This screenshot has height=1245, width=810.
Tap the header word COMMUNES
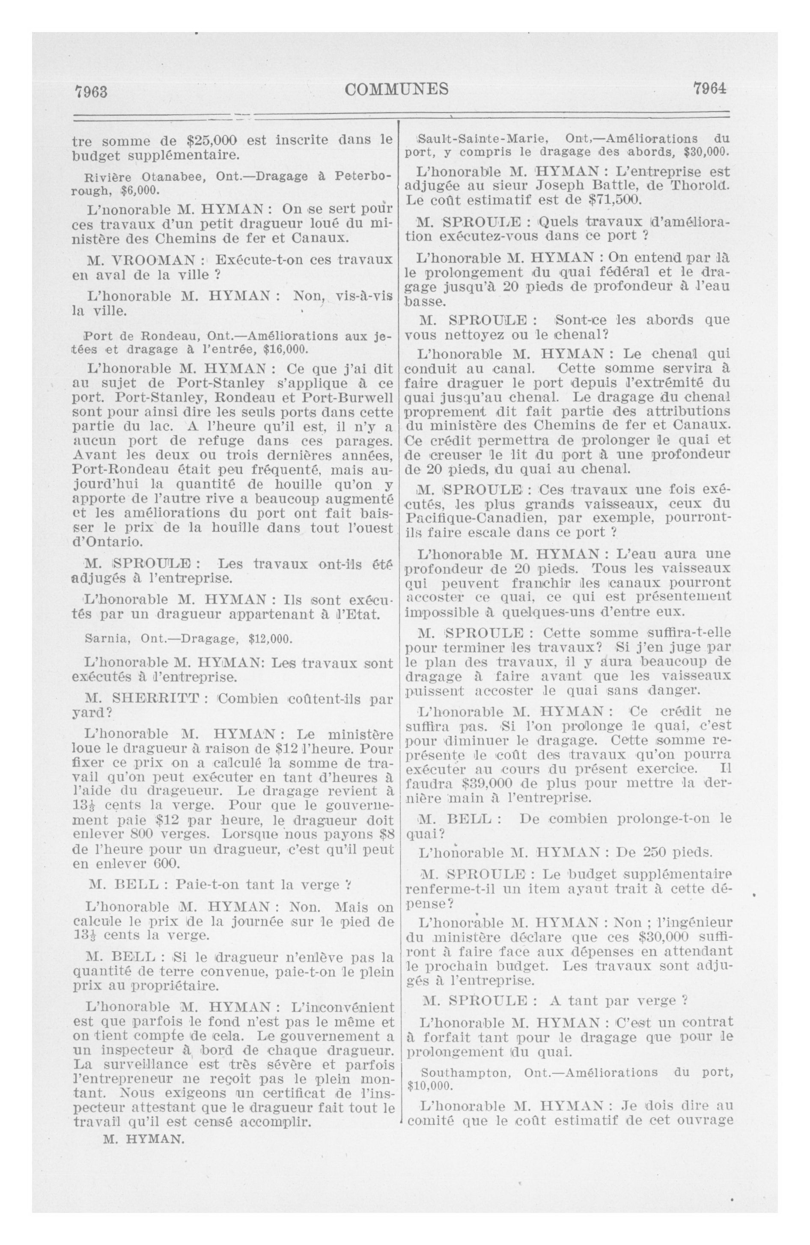pos(396,89)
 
